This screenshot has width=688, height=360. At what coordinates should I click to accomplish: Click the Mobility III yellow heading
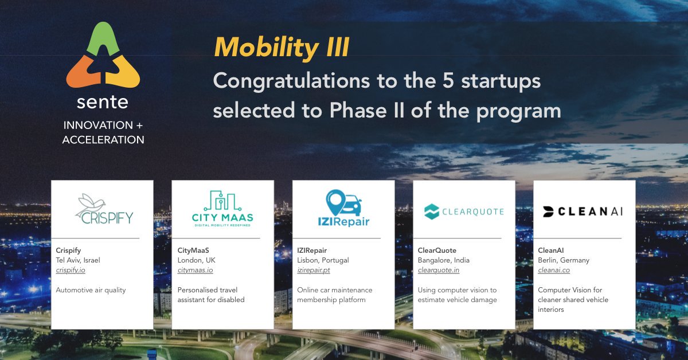click(282, 48)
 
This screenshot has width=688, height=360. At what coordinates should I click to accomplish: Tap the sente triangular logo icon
click(103, 57)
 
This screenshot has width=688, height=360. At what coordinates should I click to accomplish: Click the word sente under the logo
click(103, 103)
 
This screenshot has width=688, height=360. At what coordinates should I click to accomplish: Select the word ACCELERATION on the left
click(103, 140)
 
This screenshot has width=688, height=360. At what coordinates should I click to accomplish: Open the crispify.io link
click(71, 270)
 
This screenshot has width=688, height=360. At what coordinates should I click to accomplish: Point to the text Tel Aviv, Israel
click(78, 260)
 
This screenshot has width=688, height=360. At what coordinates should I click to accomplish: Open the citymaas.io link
click(195, 270)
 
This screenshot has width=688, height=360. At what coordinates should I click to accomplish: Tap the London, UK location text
click(197, 260)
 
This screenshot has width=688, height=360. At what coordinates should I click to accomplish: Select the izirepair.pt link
click(314, 270)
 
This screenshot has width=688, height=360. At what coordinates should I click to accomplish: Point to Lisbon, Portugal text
click(323, 260)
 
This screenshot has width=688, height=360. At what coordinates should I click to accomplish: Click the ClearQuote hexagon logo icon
click(432, 212)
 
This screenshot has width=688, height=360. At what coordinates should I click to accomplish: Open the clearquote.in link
click(439, 270)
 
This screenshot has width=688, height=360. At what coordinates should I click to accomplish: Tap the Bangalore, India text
click(444, 260)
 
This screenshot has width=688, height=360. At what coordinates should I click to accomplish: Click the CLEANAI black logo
click(583, 212)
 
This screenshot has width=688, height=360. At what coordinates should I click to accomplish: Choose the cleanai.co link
click(554, 270)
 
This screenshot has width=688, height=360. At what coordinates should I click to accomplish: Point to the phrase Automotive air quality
click(91, 290)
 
